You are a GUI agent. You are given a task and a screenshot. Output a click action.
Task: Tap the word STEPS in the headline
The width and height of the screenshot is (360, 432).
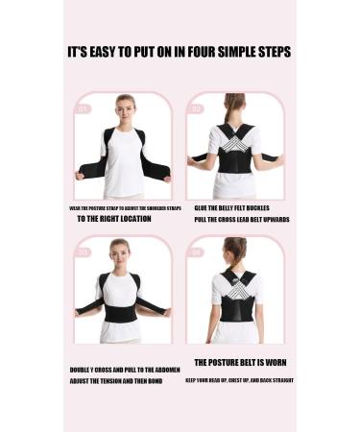[269, 52]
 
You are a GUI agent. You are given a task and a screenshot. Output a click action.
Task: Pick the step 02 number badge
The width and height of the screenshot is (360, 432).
[198, 108]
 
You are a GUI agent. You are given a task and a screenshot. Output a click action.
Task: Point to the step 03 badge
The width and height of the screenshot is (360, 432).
[84, 252]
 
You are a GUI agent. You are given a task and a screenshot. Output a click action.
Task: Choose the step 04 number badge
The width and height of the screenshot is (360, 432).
[198, 252]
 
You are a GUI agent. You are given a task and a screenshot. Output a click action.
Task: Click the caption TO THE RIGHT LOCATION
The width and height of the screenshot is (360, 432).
[114, 219]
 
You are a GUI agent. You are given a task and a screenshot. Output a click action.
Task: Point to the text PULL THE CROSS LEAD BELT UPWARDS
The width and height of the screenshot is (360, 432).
[242, 219]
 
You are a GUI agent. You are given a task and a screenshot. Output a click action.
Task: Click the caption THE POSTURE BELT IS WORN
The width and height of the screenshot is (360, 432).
[240, 363]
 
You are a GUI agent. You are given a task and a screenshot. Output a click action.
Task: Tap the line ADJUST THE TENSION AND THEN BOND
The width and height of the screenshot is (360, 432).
[116, 381]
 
